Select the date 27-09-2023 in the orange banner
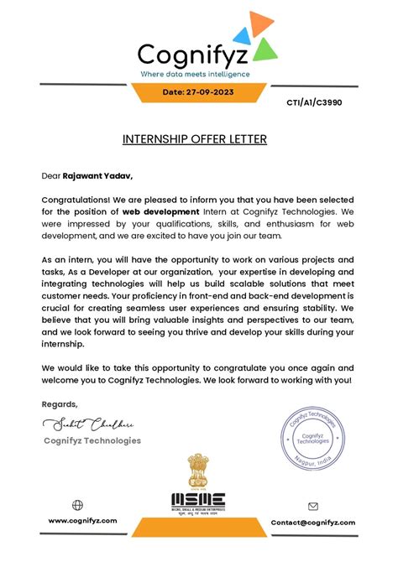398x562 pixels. click(x=198, y=91)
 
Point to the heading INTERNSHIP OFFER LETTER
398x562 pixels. click(x=195, y=138)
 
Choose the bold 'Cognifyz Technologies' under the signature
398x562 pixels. click(x=92, y=440)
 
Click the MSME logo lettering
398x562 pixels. click(x=199, y=501)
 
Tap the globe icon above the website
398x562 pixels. click(x=78, y=505)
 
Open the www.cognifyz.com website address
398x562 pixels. click(x=81, y=521)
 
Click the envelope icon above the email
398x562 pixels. click(x=313, y=507)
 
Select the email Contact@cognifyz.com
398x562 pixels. click(x=312, y=522)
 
